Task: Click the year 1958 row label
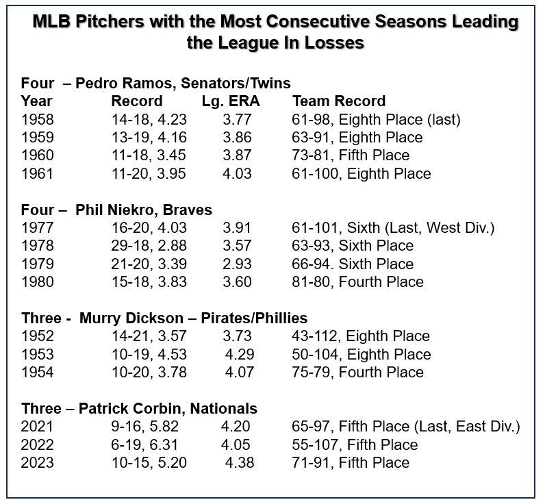tap(38, 119)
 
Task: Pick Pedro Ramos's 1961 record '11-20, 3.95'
tap(149, 173)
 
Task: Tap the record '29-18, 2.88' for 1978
tap(149, 246)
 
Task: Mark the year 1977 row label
tap(38, 228)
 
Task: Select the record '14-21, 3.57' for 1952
tap(149, 336)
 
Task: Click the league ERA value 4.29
tap(240, 354)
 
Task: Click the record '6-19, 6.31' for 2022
tap(146, 445)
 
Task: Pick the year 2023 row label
tap(38, 463)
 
